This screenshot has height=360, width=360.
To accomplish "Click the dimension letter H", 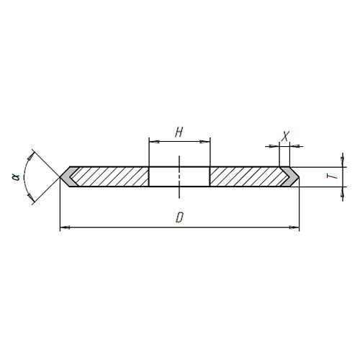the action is coord(179,132).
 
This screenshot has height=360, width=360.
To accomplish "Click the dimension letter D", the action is coord(179,217).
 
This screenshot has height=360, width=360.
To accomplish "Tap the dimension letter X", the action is coord(285,136).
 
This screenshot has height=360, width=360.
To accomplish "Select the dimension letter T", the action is coord(333,176).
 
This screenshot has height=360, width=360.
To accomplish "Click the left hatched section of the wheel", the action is coord(110,176).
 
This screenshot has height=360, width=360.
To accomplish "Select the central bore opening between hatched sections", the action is coord(179,176).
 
